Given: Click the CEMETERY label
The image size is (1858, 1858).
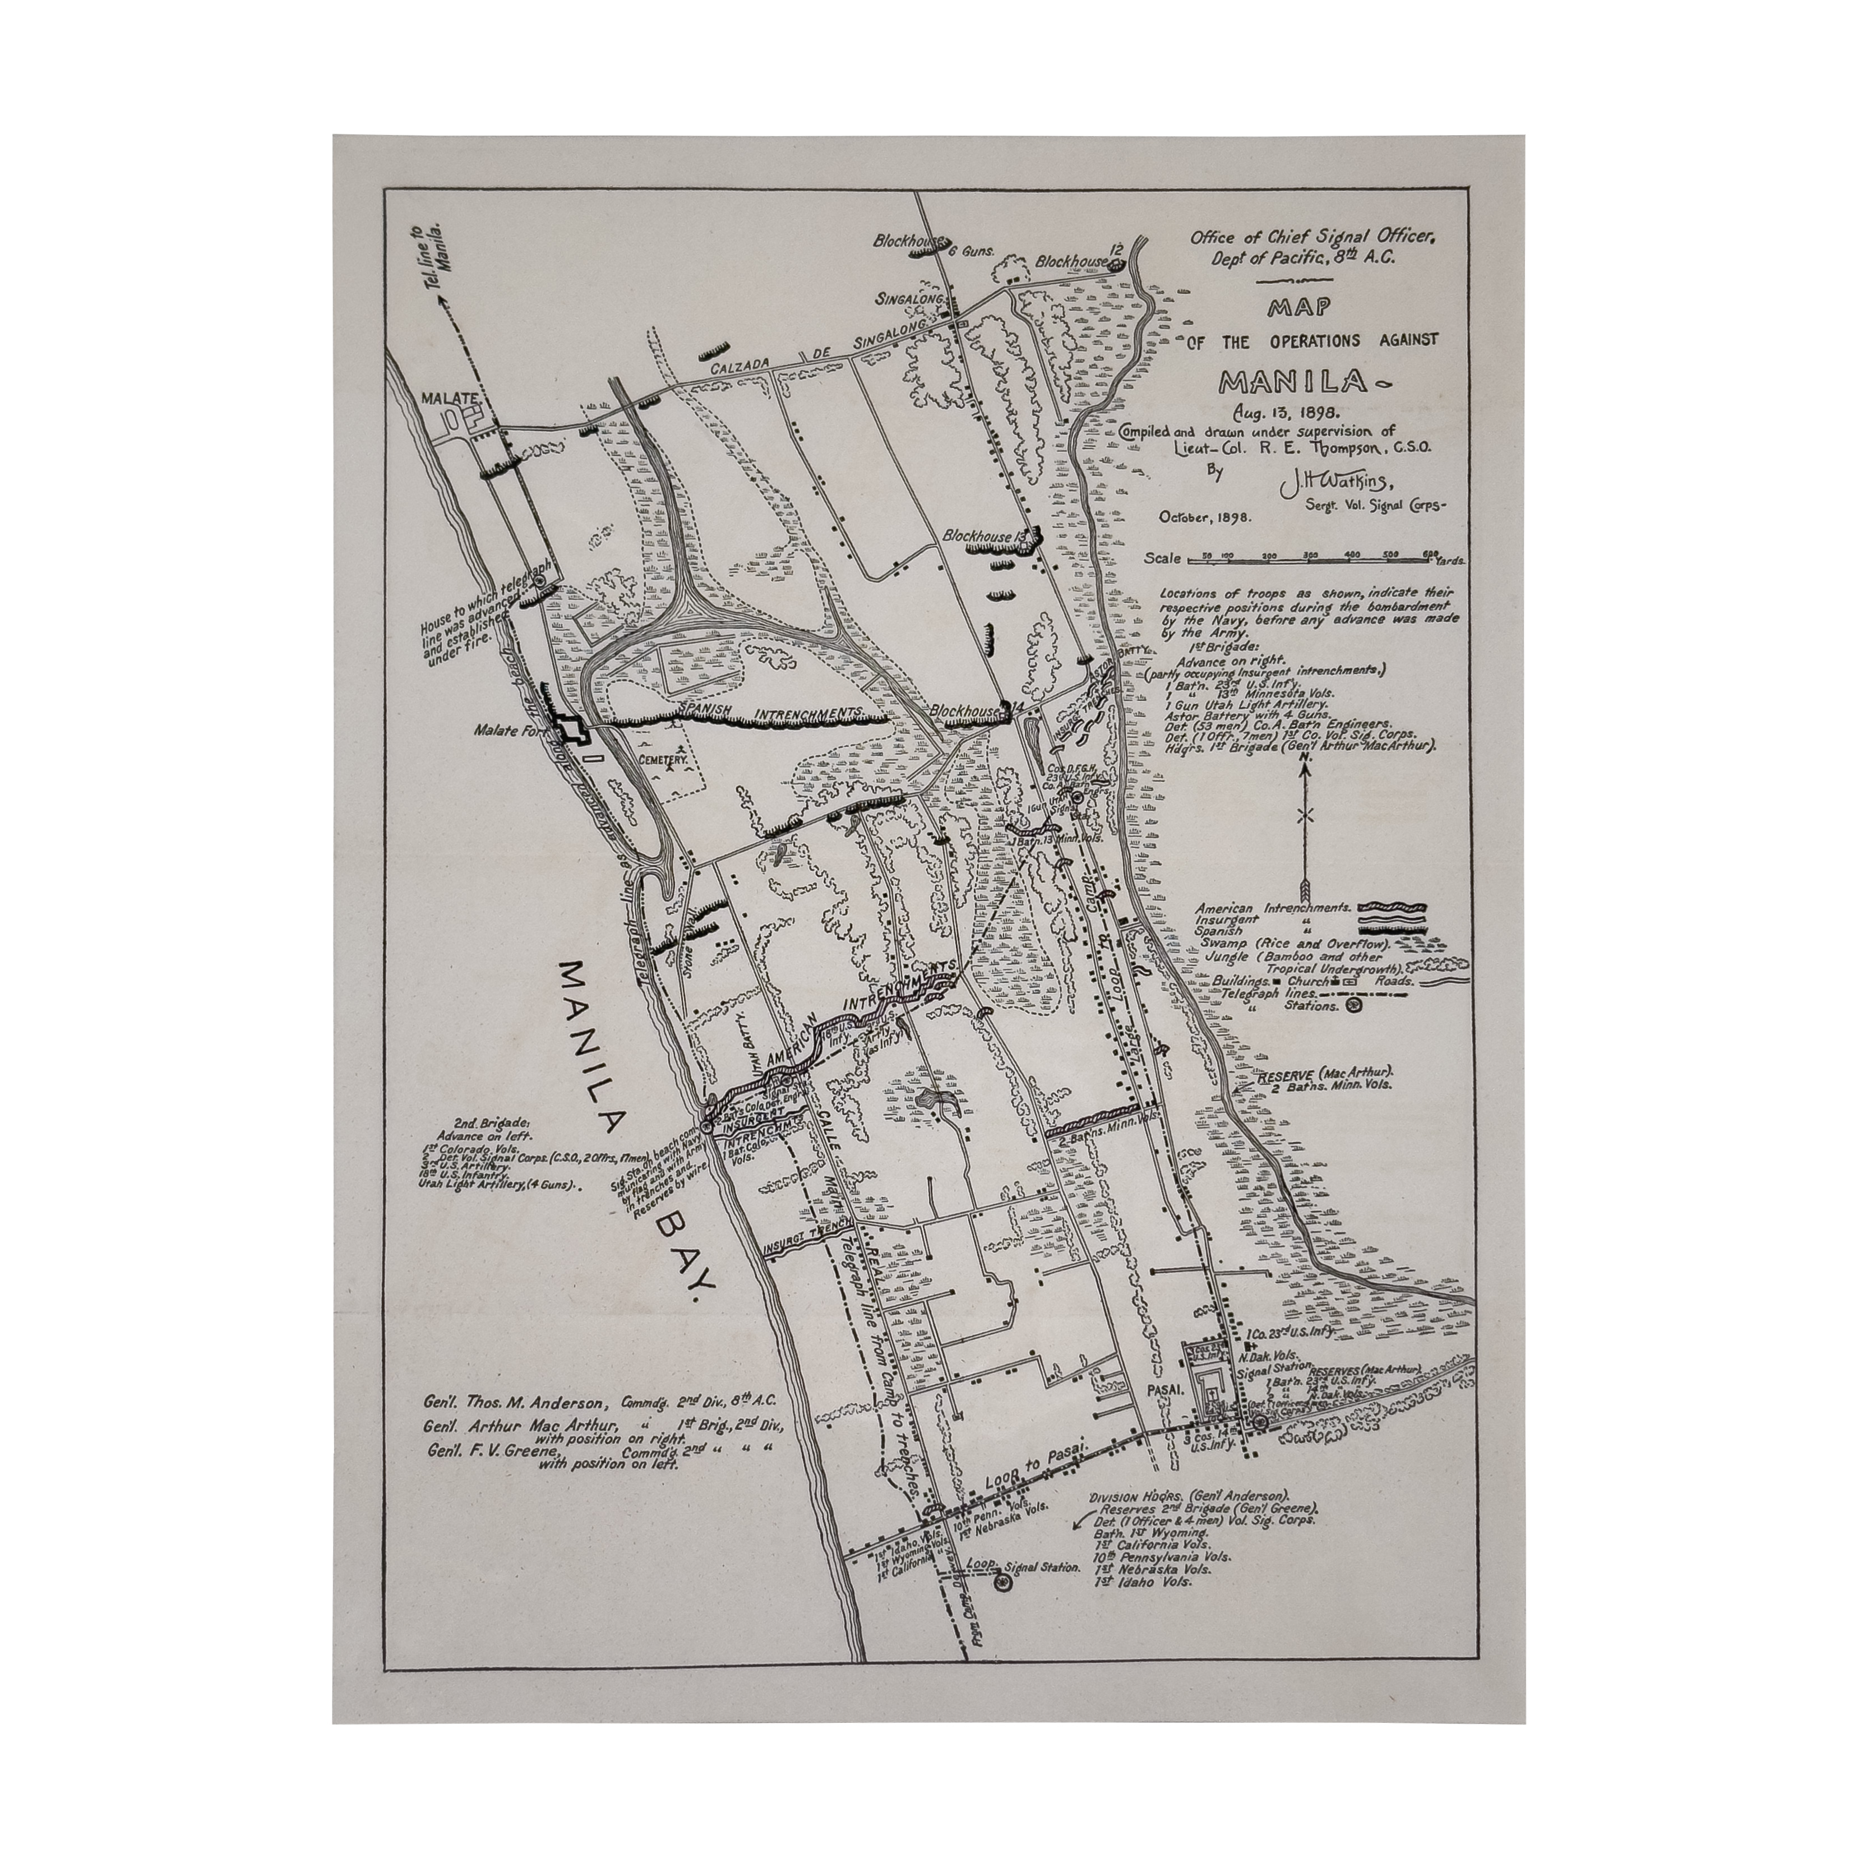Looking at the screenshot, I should (664, 760).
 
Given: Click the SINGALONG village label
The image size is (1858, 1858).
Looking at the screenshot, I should (908, 299).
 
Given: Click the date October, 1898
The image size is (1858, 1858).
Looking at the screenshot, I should (1204, 516).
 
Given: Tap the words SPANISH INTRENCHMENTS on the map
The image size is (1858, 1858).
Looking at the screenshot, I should (769, 711).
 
